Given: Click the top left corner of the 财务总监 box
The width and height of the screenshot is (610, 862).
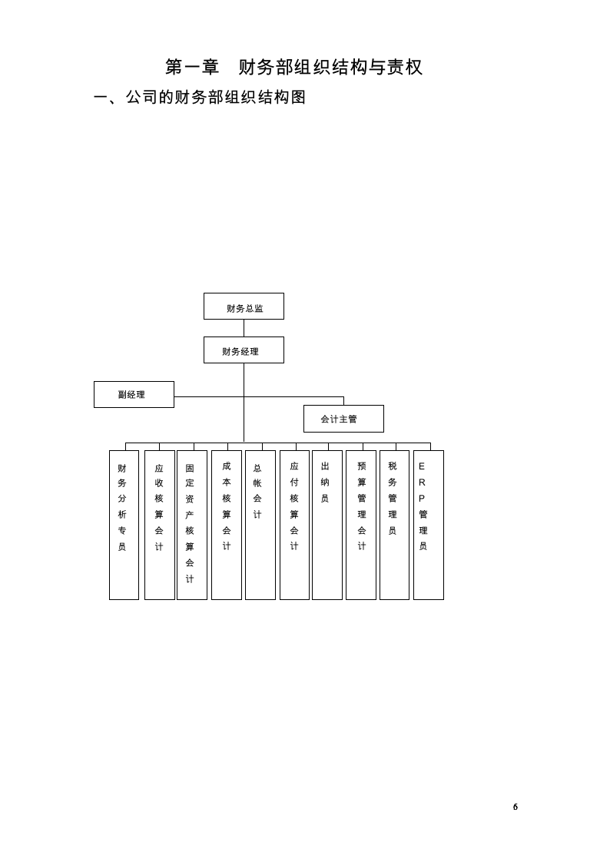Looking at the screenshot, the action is click(x=204, y=293).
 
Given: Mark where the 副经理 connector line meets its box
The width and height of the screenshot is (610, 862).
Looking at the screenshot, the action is click(x=174, y=396).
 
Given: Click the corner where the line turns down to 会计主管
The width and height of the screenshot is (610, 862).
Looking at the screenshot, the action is click(x=344, y=397).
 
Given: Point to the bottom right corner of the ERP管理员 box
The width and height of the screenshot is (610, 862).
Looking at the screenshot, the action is click(x=443, y=599).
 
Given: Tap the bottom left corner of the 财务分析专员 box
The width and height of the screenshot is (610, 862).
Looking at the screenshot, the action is click(x=109, y=599).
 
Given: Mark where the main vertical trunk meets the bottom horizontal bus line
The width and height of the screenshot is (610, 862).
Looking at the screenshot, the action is click(x=244, y=443).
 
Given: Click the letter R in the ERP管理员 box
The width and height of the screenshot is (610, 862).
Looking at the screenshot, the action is click(x=422, y=482).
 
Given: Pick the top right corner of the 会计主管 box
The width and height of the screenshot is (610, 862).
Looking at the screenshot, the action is click(x=383, y=406).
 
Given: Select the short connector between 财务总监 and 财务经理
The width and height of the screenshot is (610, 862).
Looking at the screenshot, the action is click(x=244, y=328).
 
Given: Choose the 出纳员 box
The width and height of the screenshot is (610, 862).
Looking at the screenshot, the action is click(x=327, y=525).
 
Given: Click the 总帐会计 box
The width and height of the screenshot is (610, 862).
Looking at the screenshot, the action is click(x=260, y=525).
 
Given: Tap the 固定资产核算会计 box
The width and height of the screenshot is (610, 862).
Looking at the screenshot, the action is click(x=192, y=525).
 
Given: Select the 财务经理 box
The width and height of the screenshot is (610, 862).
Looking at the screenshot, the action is click(x=244, y=350).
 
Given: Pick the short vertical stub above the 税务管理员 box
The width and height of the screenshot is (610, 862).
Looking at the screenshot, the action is click(x=396, y=446).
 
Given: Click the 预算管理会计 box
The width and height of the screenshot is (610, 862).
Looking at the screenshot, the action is click(x=361, y=525).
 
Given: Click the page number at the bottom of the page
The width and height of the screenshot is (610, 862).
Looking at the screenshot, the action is click(x=516, y=807).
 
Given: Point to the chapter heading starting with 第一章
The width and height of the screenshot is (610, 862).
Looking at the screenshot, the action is click(x=294, y=67).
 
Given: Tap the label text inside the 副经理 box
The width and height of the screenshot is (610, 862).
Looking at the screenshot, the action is click(x=131, y=395).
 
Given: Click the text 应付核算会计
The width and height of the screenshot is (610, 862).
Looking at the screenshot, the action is click(x=294, y=506).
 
